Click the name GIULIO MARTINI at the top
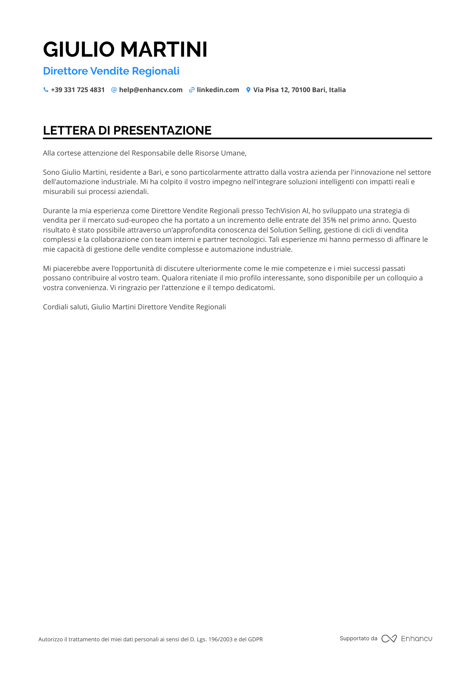click(x=125, y=50)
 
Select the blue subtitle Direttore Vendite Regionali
click(x=111, y=71)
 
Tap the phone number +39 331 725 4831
click(x=78, y=90)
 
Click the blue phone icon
click(x=46, y=90)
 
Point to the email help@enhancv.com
click(x=151, y=90)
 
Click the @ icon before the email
click(x=114, y=90)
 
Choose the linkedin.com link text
click(x=218, y=90)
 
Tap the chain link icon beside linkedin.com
click(x=192, y=90)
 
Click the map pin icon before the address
click(x=248, y=90)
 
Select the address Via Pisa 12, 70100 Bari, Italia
click(x=299, y=90)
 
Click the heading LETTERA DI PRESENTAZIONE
click(x=127, y=131)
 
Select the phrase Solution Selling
click(x=295, y=230)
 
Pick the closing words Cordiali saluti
click(x=66, y=307)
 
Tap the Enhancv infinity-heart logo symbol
click(x=389, y=639)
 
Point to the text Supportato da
click(x=358, y=638)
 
